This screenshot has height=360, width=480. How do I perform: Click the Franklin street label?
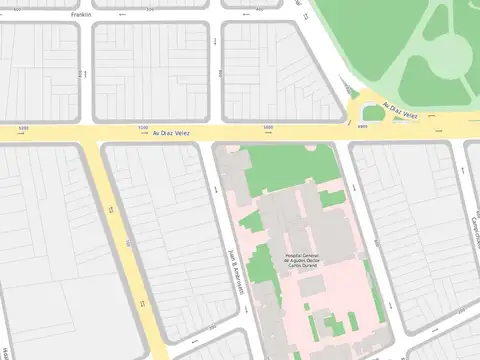81,16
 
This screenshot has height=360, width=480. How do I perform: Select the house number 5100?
143,128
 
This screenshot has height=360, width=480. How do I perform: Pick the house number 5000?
267,128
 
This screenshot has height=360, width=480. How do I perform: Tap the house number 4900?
362,127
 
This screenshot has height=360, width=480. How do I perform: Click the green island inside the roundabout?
373,113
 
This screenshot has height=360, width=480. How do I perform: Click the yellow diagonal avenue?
125,250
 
